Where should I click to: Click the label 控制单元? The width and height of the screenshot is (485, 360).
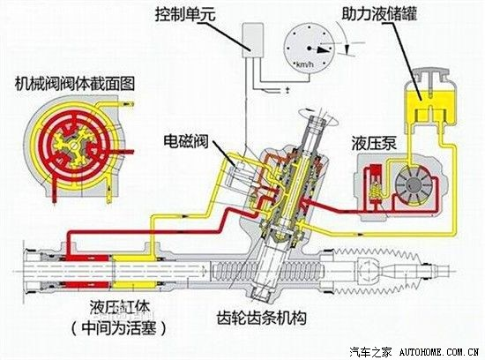point(185,14)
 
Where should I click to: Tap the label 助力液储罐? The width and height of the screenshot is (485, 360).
point(380,13)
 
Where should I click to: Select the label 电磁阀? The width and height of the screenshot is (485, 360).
point(186,141)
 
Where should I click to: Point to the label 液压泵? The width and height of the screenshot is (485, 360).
point(374,143)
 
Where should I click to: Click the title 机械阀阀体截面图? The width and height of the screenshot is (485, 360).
point(75,83)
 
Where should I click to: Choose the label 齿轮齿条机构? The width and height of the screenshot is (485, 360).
point(262,317)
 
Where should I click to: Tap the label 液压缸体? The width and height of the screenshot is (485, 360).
point(120,307)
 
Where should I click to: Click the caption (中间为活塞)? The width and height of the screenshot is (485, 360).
point(119,327)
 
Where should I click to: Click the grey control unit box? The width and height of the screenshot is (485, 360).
point(253,41)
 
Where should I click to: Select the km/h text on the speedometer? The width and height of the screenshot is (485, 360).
point(304,64)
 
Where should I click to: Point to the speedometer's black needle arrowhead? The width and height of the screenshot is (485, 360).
point(324,49)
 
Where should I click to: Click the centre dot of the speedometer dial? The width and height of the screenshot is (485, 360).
point(309,49)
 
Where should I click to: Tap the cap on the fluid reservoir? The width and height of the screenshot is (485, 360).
point(430,76)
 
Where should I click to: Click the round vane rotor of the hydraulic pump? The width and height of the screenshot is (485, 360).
point(412,185)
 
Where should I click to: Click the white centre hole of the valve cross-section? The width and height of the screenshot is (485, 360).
point(73,145)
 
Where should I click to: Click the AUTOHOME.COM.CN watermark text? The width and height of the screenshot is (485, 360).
point(439,352)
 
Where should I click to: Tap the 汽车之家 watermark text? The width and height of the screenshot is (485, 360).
point(370,352)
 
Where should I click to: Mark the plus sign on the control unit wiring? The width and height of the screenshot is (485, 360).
point(287,90)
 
